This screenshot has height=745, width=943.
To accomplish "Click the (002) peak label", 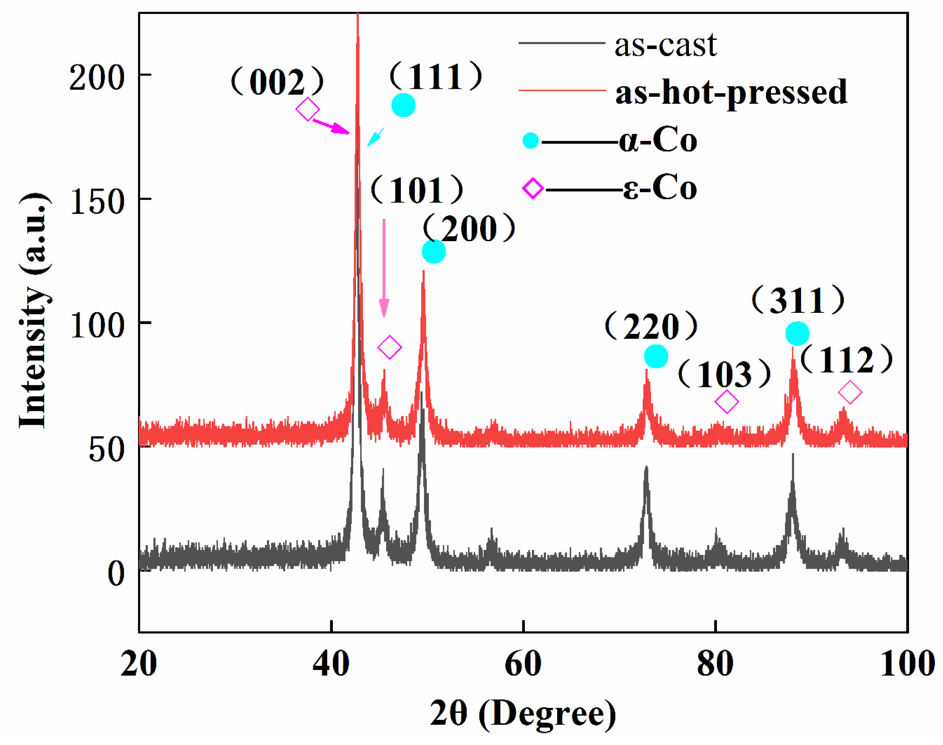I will click(x=277, y=82).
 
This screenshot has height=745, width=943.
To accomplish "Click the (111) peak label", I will click(x=436, y=77).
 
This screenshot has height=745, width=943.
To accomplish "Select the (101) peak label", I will click(x=417, y=190).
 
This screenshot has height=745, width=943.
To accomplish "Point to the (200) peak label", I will click(x=469, y=228).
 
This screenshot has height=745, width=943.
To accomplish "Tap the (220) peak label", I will click(x=651, y=326).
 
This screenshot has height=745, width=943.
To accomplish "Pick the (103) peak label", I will click(x=725, y=374).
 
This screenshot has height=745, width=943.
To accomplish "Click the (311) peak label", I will click(x=798, y=300).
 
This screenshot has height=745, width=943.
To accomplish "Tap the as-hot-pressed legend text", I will click(x=731, y=92).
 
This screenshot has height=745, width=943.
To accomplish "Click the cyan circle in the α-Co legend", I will click(x=531, y=141).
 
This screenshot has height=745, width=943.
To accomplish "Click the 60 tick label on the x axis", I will click(x=523, y=664).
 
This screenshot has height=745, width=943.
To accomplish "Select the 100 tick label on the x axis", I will click(x=907, y=664).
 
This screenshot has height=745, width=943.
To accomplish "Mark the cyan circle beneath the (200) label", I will click(x=434, y=252).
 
